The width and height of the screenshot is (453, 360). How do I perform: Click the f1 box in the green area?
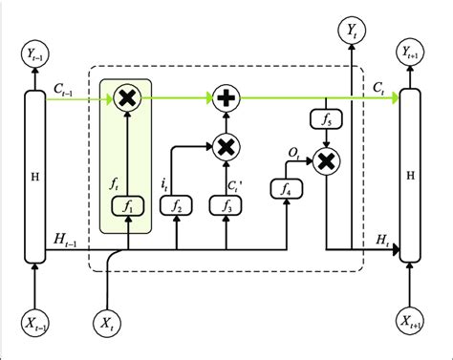click(x=127, y=205)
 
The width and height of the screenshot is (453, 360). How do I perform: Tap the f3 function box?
click(x=226, y=205)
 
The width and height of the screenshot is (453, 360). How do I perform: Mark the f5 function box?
click(x=327, y=120)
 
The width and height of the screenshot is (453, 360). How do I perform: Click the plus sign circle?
click(x=226, y=95)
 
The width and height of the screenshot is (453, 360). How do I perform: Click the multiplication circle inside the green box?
click(x=127, y=95)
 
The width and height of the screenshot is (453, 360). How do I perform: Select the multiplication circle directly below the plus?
click(x=226, y=147)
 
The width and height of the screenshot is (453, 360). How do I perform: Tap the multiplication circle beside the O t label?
click(x=327, y=163)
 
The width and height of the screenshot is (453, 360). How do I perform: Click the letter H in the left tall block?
click(x=35, y=178)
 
